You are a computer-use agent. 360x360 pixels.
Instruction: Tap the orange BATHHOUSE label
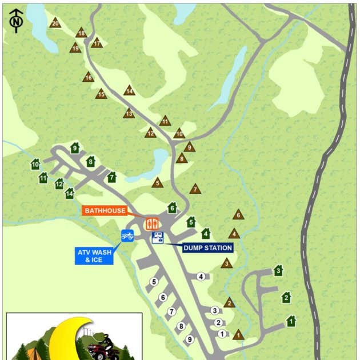pyautogui.click(x=105, y=211)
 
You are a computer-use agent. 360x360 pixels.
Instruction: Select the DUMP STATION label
pyautogui.click(x=207, y=248)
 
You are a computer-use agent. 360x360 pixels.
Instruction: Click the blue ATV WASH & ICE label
pyautogui.click(x=94, y=256)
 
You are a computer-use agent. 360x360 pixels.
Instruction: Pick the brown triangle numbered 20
pyautogui.click(x=55, y=23)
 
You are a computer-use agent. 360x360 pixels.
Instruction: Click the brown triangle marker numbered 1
pyautogui.click(x=238, y=335)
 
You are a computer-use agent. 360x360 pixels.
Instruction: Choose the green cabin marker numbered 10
pyautogui.click(x=35, y=165)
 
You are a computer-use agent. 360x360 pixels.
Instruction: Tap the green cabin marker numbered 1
pyautogui.click(x=291, y=322)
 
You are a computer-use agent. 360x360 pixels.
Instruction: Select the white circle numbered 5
pyautogui.click(x=154, y=282)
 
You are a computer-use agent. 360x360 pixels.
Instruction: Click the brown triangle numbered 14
pyautogui.click(x=130, y=90)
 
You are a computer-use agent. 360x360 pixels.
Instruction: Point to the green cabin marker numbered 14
pyautogui.click(x=70, y=193)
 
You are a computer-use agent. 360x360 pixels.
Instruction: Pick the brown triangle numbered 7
pyautogui.click(x=195, y=189)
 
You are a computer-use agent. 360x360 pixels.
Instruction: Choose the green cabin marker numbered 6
pyautogui.click(x=172, y=207)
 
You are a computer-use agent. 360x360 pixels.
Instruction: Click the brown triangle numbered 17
pyautogui.click(x=97, y=43)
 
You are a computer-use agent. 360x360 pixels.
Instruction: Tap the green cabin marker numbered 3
pyautogui.click(x=278, y=270)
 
